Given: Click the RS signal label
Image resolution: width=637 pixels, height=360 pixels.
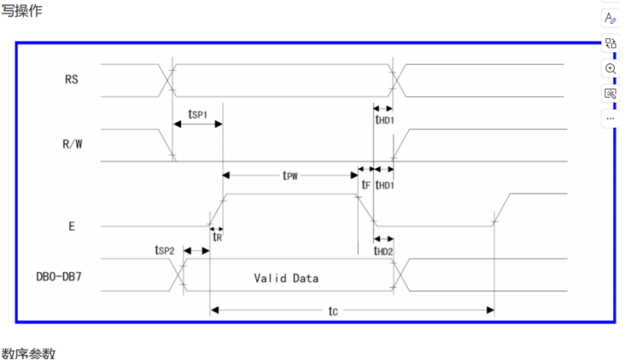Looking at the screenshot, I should coord(71,79).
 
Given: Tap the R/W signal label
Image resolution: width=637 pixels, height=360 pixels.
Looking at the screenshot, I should coord(72,145).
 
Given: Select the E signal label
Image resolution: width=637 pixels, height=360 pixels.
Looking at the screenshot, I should coord(72,226).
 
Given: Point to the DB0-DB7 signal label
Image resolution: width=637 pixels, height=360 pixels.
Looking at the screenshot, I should coord(60,278).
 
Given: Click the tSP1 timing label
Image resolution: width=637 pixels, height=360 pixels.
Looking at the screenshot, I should coord(198,114).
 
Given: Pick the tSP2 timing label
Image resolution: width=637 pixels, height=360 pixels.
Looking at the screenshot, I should coord(165,250).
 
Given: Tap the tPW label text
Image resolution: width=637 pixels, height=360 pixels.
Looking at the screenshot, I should coord(290,175).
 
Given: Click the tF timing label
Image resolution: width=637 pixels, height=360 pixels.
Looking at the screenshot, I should coord(365,185).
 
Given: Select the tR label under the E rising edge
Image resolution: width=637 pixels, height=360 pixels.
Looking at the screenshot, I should coord(217,236).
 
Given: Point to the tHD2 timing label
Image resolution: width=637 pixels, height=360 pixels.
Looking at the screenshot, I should coord(385,251).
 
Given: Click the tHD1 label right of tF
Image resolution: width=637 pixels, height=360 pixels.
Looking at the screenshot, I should coord(386,185).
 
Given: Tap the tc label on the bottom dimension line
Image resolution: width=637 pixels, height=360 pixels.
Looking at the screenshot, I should coord(333,312).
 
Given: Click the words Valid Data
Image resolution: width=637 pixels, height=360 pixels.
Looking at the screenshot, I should coord(286,278).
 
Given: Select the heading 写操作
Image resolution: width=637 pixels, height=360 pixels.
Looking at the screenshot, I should coord(21,11).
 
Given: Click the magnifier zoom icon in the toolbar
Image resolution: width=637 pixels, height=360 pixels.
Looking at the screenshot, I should coord(610,68).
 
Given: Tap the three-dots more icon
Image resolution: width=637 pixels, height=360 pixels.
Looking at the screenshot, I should coord(610,118).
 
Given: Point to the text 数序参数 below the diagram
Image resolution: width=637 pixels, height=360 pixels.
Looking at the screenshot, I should coord(29,353).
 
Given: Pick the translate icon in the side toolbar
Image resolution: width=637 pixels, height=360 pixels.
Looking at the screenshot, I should coord(610,44).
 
